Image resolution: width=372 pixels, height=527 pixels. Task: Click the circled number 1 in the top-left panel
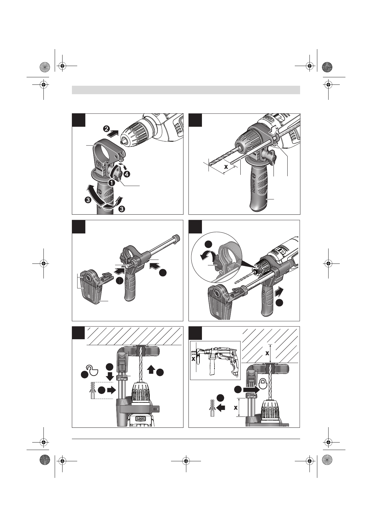point(111,182)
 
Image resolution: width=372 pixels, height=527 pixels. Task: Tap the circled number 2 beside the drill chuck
point(107,129)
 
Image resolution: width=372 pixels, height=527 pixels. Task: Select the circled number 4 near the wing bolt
point(127,173)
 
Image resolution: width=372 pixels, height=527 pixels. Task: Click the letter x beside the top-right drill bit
point(225,166)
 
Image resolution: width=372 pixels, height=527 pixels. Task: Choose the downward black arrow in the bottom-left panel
point(109,376)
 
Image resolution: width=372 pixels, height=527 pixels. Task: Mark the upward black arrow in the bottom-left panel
point(151,369)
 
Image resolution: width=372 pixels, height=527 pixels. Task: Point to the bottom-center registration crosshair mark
point(186,461)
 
